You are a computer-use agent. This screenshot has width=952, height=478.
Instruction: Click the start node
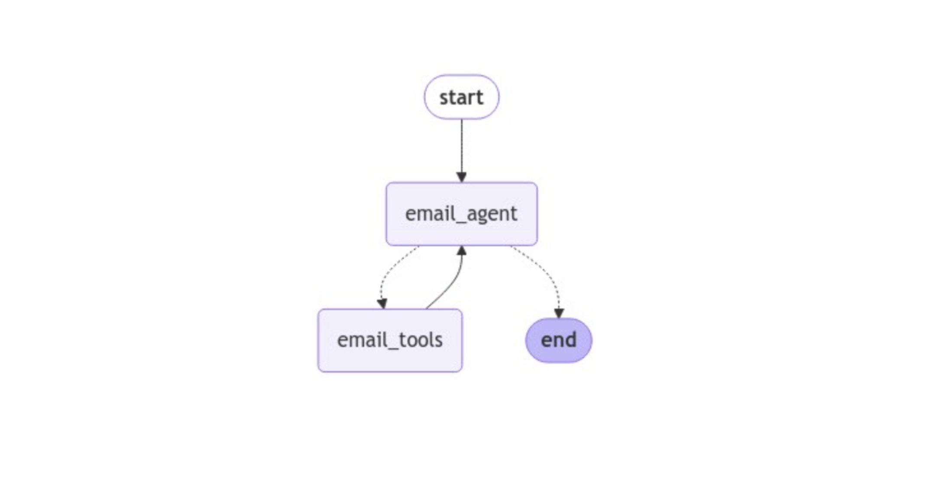tap(461, 97)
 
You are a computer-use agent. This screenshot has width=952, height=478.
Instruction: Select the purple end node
tap(559, 340)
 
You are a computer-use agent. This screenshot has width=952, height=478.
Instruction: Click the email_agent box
tap(461, 214)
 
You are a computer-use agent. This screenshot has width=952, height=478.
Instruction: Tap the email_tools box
tap(390, 340)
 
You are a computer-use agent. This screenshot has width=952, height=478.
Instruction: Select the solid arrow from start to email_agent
tap(461, 147)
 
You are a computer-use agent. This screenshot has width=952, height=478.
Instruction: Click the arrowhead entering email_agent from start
tap(461, 177)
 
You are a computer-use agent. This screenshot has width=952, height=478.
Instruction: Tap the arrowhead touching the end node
tap(559, 313)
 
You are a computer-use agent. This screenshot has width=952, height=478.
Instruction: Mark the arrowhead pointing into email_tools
tap(382, 304)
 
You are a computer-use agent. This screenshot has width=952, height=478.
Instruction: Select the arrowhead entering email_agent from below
tap(462, 251)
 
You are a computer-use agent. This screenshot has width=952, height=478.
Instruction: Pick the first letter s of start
tap(444, 98)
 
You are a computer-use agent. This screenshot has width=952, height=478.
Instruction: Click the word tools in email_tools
tap(421, 340)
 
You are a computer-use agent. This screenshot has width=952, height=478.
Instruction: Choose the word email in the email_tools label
tap(362, 340)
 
